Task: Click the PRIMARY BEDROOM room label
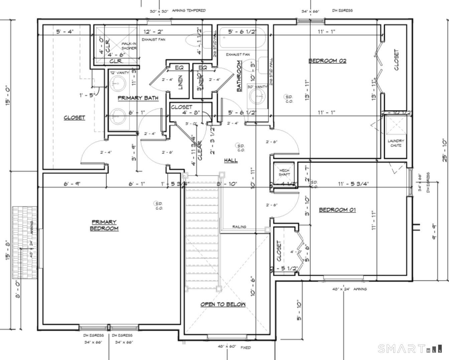tap(104, 225)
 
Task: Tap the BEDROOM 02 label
tap(327, 61)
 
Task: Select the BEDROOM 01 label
tap(337, 210)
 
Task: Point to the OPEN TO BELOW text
tap(223, 304)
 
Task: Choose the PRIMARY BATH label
tap(138, 98)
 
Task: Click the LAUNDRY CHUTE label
tap(396, 143)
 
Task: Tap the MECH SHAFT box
tap(284, 172)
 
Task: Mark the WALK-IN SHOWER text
tap(129, 46)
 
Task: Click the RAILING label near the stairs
tap(239, 227)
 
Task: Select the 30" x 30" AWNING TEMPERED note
tap(177, 11)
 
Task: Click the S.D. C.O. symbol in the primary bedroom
tap(158, 206)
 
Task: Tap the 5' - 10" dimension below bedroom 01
tap(299, 311)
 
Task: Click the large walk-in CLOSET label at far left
tap(74, 118)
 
